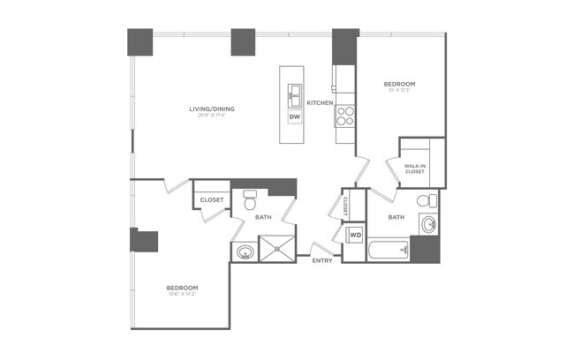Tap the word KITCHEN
coord(320,103)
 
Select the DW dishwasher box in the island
coord(294,116)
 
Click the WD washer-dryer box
coord(355,236)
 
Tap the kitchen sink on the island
coord(293,91)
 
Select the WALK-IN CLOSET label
coord(415,169)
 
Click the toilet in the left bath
coord(249,199)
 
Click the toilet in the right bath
coord(422,198)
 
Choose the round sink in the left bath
coord(244,253)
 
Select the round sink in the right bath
coord(428,223)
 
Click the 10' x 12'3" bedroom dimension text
coord(399,90)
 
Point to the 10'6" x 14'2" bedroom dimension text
coord(182,296)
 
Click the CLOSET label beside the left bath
coord(211,200)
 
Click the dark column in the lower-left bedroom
coord(144,241)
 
